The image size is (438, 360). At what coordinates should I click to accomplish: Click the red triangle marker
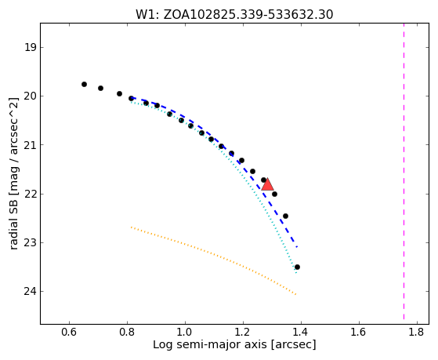pos(267,184)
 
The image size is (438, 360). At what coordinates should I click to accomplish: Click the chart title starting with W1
pos(234,15)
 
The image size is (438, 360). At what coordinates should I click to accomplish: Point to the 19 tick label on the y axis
pos(30,47)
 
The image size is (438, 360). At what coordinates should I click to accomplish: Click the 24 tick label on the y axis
pos(30,292)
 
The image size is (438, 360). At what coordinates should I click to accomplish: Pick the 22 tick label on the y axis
pos(30,194)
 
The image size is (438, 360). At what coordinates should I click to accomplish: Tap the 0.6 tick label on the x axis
pos(69,333)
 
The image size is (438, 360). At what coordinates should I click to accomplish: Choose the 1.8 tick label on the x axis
pos(417,333)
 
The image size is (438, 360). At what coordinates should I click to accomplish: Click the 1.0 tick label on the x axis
pos(185,333)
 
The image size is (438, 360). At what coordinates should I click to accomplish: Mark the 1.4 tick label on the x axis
pos(301,333)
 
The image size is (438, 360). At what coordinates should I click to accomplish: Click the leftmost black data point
pos(84,84)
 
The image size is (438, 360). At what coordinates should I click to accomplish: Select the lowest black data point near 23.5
pos(297,267)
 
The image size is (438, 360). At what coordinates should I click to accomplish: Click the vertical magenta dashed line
pos(404,171)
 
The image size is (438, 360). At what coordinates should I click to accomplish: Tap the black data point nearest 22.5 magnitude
pos(285,216)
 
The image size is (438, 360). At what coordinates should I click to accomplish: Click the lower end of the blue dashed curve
pos(297,247)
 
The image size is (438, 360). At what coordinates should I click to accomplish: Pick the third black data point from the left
pos(119,93)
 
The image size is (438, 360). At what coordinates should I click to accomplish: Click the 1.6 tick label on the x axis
pos(359,333)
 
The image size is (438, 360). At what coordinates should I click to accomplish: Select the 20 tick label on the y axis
pos(30,96)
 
